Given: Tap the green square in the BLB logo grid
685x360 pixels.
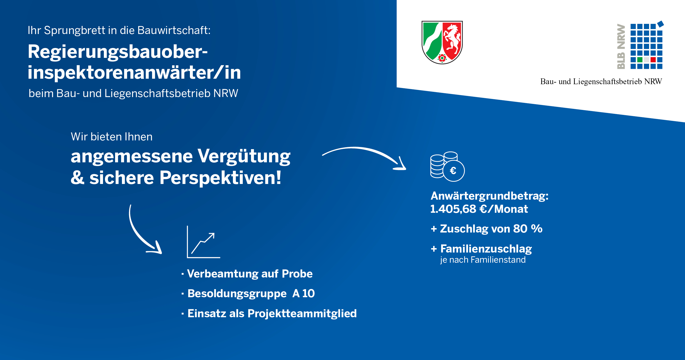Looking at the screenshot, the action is [640, 59].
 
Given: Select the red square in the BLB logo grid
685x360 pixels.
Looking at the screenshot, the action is [653, 59].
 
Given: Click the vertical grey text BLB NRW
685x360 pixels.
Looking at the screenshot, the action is [621, 46].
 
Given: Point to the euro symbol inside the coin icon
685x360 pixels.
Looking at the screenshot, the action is [453, 171].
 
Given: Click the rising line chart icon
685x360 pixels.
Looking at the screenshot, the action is [203, 242].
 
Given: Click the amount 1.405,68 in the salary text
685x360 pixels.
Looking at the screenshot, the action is [453, 209].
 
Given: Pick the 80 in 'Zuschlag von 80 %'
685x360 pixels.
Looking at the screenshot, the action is [520, 229].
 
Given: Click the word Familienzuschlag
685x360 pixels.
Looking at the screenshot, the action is [486, 249].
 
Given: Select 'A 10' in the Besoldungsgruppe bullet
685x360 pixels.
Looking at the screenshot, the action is [304, 293].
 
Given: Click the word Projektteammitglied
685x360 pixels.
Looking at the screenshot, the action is [302, 313].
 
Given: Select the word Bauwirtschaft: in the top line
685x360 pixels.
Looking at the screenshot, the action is [174, 30].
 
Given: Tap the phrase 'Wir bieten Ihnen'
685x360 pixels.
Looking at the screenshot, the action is [112, 137].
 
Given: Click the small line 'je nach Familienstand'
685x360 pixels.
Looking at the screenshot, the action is [483, 260].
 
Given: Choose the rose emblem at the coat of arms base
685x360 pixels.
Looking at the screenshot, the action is [442, 58].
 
